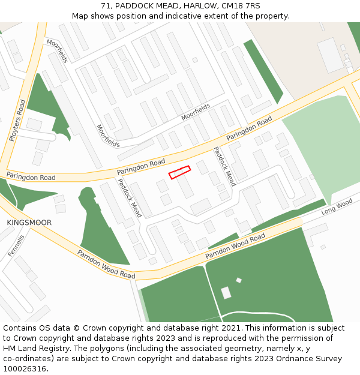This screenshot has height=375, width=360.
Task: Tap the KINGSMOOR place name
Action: tap(29, 223)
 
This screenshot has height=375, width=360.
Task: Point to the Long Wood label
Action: tap(337, 208)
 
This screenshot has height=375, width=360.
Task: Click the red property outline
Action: tap(179, 172)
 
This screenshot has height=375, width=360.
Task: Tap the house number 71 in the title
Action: tap(106, 5)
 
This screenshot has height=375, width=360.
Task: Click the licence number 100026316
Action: tap(25, 368)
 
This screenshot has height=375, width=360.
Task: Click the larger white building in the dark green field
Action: tap(226, 293)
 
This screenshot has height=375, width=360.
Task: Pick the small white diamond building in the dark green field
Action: tap(239, 280)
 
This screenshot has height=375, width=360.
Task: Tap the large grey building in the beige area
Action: tap(330, 55)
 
